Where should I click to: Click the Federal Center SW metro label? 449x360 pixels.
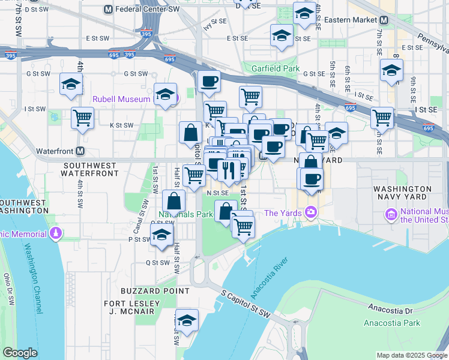[x=147, y=10]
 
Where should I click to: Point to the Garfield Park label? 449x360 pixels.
[x=275, y=69]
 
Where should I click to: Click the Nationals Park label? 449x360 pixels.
[x=186, y=214]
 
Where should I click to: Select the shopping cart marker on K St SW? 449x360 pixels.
[x=82, y=117]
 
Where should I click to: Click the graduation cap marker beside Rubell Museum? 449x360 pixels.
[x=165, y=94]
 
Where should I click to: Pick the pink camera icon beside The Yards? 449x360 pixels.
[x=311, y=212]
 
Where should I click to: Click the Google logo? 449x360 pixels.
[x=20, y=353]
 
